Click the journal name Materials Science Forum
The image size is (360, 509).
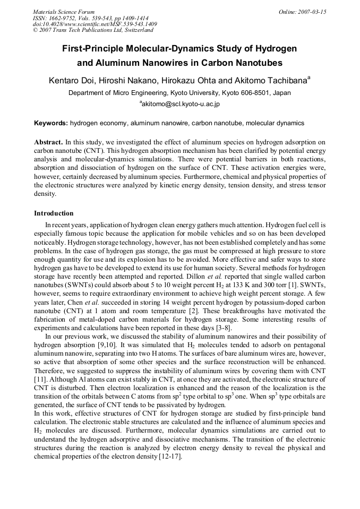(x=64, y=12)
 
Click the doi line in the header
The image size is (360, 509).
(x=95, y=24)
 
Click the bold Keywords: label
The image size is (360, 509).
(x=51, y=123)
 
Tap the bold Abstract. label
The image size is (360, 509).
(x=48, y=143)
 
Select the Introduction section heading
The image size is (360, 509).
(x=54, y=213)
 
